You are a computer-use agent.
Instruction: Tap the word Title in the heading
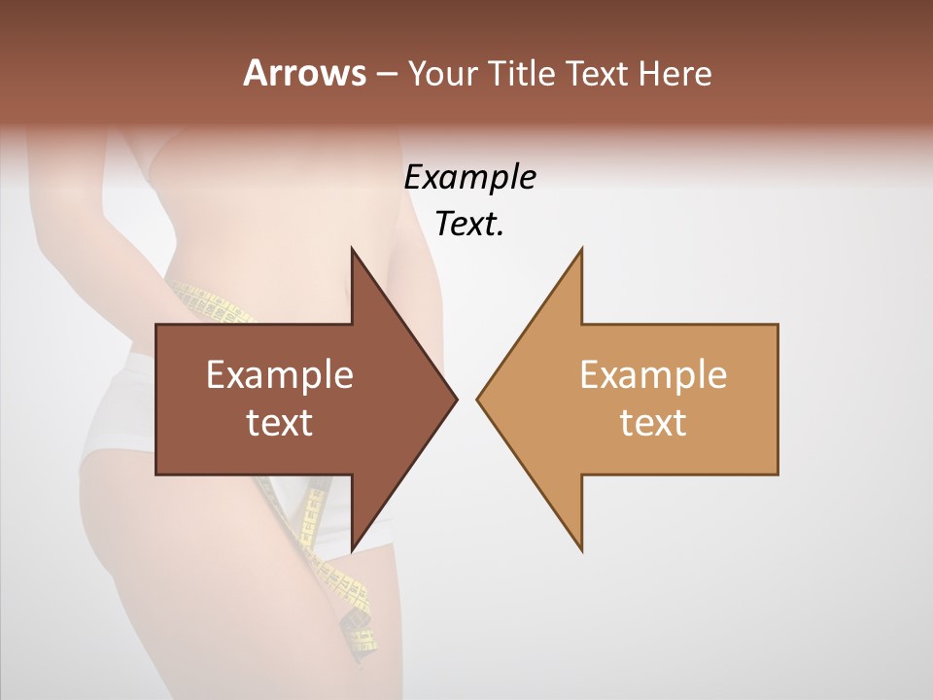coord(522,73)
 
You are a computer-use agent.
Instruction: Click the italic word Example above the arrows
coord(469,178)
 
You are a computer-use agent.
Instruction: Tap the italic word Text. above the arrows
coord(469,225)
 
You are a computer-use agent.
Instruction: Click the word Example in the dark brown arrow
coord(280,374)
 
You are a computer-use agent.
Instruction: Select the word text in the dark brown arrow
coord(280,422)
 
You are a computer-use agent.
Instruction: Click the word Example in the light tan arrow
coord(653,374)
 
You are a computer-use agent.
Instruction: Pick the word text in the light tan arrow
coord(653,422)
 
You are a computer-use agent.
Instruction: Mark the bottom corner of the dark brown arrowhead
coord(353,548)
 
